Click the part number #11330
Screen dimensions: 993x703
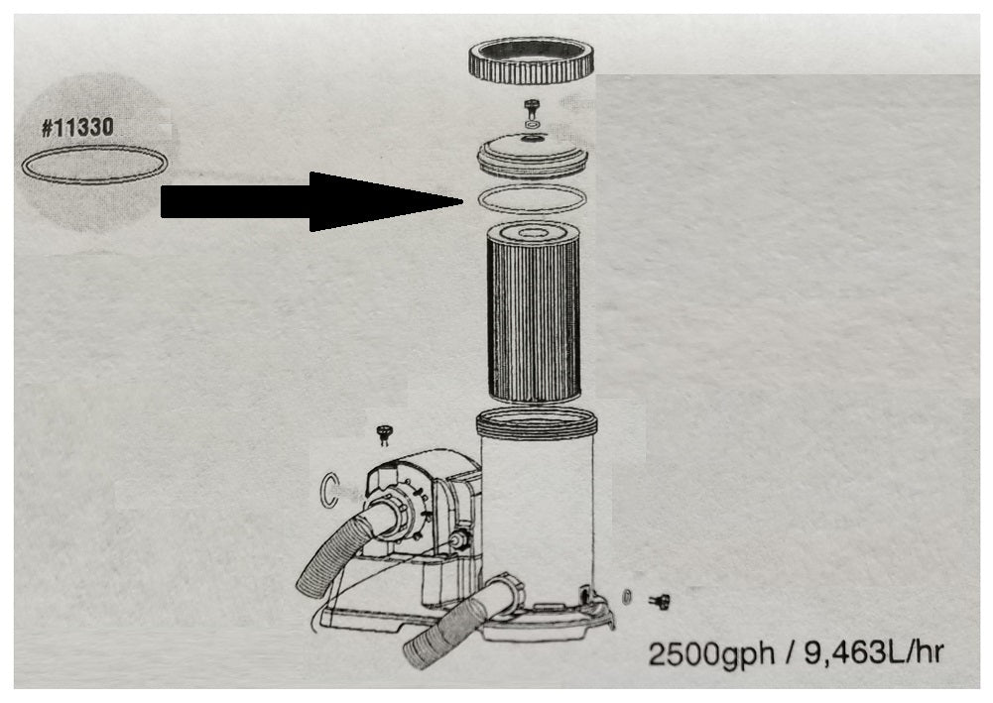click(x=77, y=127)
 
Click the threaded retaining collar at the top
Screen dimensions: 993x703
click(x=532, y=60)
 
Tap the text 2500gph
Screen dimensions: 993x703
click(x=712, y=652)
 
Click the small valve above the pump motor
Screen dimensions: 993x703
click(x=384, y=434)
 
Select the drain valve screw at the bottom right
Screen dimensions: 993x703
click(x=660, y=601)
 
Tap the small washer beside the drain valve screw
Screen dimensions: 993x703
click(x=627, y=596)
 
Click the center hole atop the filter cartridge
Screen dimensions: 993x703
click(x=532, y=233)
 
